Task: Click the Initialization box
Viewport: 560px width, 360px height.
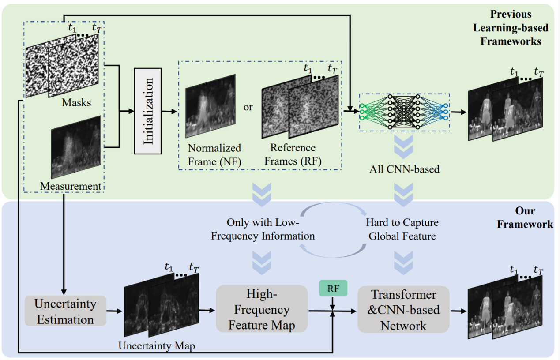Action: tap(148, 111)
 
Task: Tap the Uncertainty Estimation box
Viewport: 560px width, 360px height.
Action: tap(65, 311)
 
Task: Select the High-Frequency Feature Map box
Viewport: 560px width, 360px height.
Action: tap(261, 309)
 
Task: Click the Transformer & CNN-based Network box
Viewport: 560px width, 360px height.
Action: tap(403, 310)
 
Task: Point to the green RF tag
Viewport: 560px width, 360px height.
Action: tap(334, 289)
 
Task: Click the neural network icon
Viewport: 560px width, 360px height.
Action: tap(404, 112)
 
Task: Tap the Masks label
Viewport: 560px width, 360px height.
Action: tap(76, 103)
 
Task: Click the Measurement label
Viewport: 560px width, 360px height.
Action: tap(71, 186)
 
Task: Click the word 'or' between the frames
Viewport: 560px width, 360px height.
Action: tap(248, 107)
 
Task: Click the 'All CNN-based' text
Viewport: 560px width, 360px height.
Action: tap(404, 168)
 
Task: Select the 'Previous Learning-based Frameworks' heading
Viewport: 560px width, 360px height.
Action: tap(511, 28)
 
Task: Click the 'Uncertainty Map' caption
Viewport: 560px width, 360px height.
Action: tap(157, 346)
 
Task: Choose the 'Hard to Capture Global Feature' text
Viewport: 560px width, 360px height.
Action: tap(402, 229)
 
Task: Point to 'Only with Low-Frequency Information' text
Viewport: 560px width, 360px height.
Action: tap(263, 229)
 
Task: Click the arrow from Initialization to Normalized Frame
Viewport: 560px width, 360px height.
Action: tap(169, 111)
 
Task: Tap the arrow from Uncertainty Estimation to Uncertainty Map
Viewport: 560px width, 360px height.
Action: tap(115, 311)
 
